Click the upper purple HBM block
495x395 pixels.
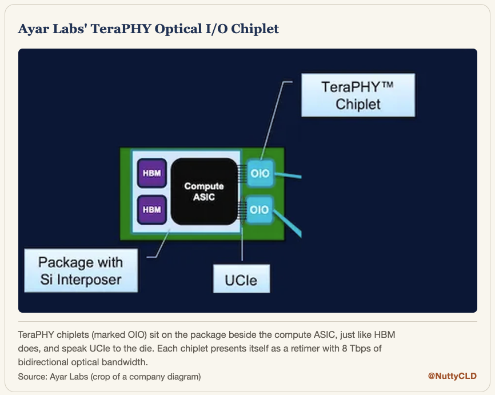[152, 173]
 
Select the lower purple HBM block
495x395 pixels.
[152, 210]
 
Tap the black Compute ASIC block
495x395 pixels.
[204, 191]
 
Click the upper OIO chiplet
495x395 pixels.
[260, 173]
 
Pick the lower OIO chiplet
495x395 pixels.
[260, 210]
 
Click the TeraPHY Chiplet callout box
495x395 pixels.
[358, 95]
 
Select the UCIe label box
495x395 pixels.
[242, 279]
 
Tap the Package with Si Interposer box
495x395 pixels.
[81, 270]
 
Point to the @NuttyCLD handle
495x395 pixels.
[452, 376]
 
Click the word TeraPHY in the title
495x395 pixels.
[121, 29]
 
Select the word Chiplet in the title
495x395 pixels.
[255, 29]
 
